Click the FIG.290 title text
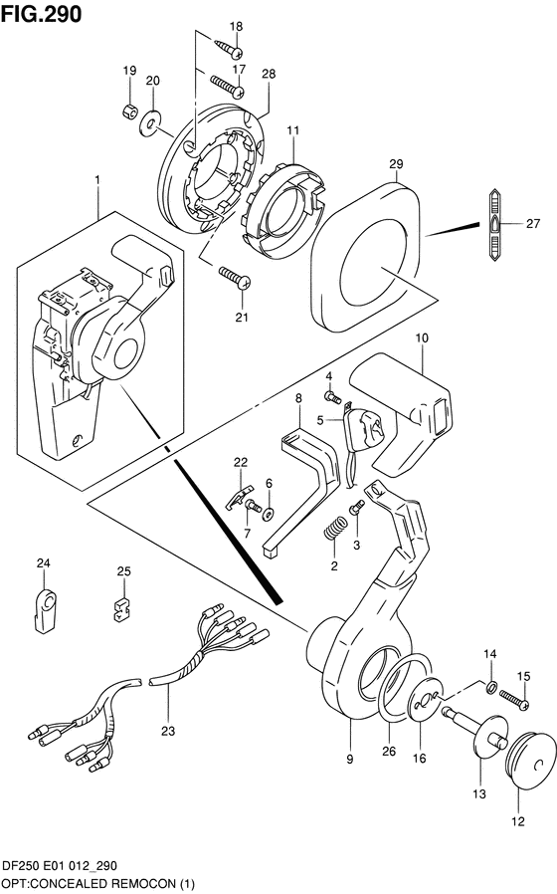click(41, 13)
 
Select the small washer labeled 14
click(490, 687)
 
